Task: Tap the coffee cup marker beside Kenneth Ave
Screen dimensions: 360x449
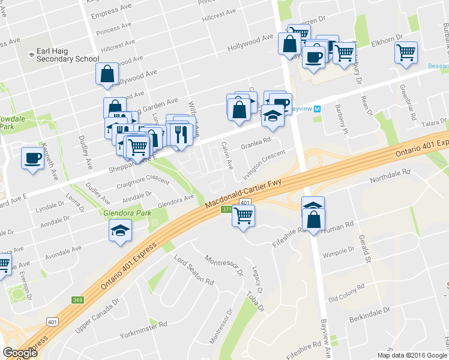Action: [x=32, y=158]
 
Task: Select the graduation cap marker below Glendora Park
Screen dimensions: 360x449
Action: [x=120, y=230]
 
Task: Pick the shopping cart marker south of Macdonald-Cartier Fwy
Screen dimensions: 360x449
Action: [x=243, y=216]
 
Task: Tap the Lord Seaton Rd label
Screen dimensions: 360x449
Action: [x=193, y=270]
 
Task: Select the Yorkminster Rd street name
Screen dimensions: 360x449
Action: [x=143, y=329]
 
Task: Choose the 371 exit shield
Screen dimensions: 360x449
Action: [x=226, y=209]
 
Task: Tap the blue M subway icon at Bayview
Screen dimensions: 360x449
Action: [x=317, y=109]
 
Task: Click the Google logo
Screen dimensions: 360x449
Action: [x=20, y=353]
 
